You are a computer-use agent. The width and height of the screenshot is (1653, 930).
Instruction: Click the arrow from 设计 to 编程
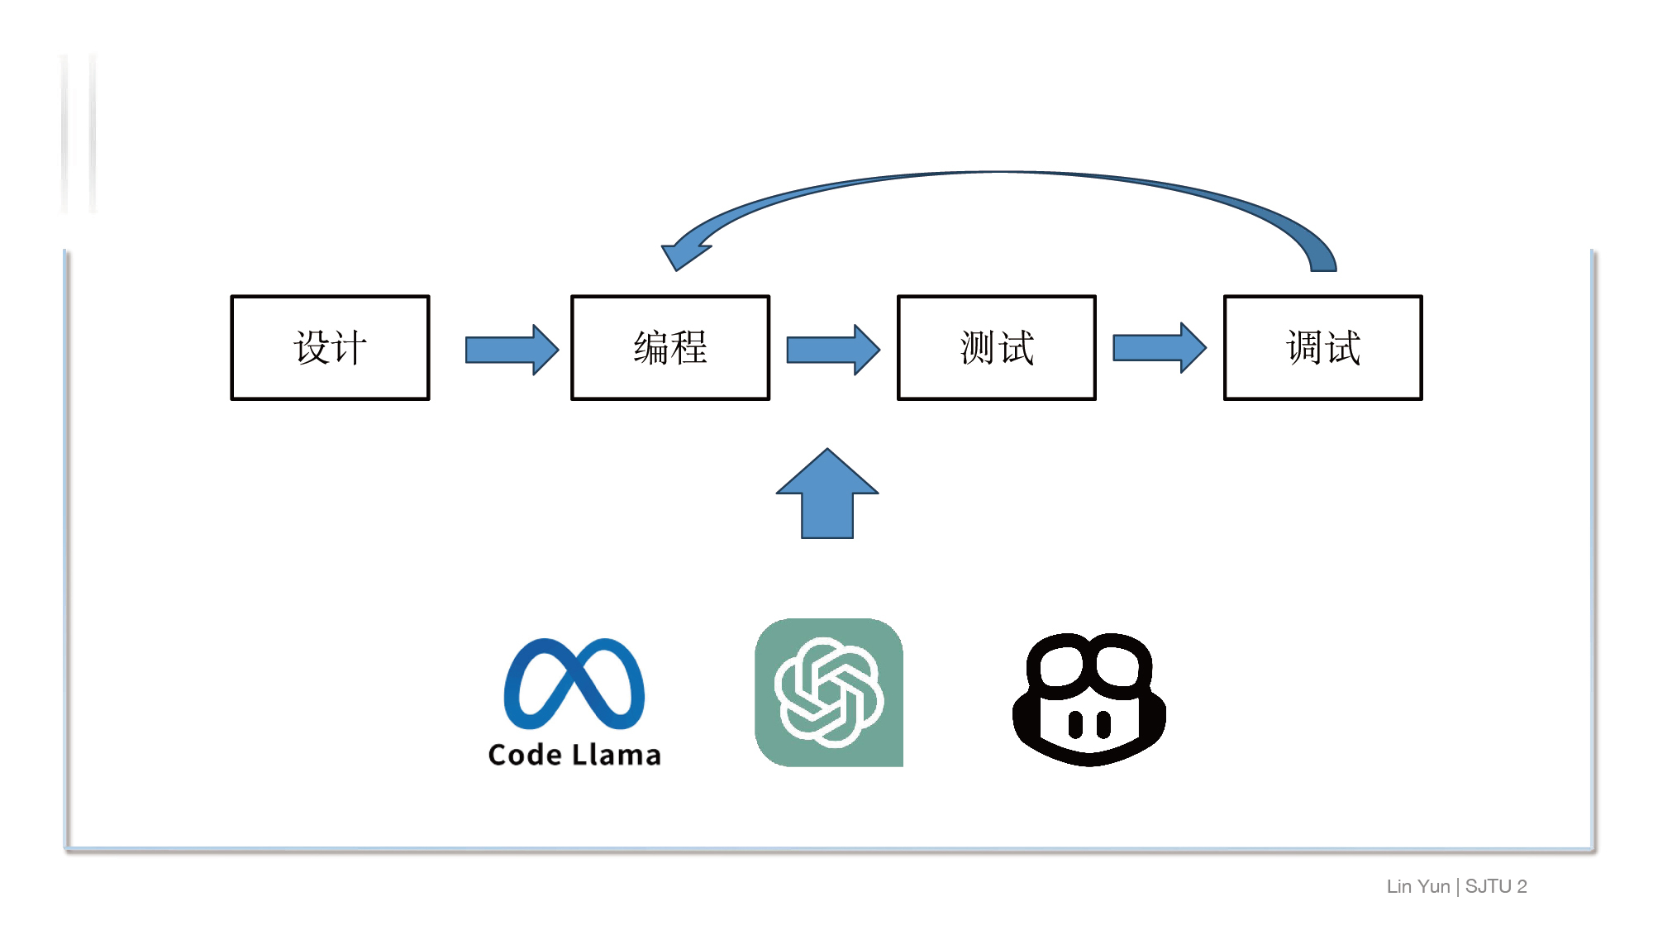[x=512, y=350]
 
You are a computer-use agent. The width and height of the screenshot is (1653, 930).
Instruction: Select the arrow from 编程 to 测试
[x=833, y=350]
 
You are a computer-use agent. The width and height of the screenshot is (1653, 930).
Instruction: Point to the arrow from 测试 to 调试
[x=1160, y=348]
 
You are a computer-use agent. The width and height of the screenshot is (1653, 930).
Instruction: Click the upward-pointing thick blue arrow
[x=827, y=494]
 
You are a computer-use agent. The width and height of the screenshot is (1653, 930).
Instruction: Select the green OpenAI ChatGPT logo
[x=829, y=693]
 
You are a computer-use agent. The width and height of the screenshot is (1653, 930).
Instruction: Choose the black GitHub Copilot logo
[x=1089, y=699]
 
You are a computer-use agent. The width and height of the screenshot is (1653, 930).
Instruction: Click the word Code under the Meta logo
[x=526, y=755]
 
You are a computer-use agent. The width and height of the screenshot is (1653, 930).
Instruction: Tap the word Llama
[x=617, y=755]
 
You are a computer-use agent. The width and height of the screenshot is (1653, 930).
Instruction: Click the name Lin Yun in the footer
[x=1418, y=886]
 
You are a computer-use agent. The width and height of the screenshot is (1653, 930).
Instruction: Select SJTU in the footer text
[x=1488, y=886]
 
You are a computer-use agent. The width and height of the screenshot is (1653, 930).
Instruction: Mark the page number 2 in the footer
[x=1522, y=886]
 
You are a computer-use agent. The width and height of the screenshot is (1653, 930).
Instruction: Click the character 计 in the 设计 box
[x=349, y=347]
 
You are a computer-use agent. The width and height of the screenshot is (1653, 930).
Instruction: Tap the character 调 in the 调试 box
[x=1304, y=347]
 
